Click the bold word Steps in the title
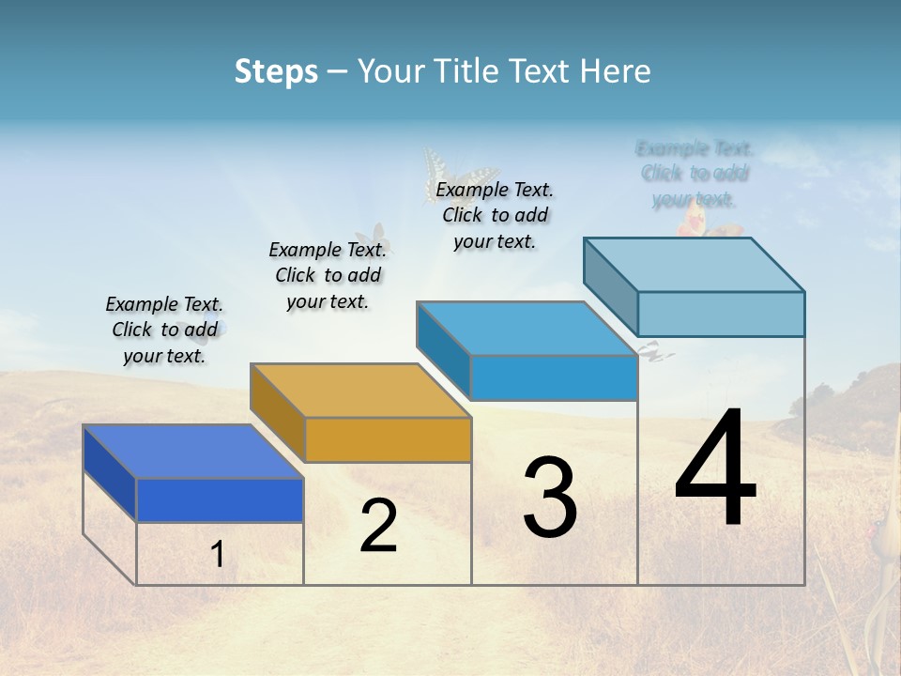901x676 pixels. pyautogui.click(x=276, y=71)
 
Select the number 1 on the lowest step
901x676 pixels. pyautogui.click(x=218, y=555)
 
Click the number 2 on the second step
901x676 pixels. pyautogui.click(x=378, y=527)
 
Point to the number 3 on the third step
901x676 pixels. pyautogui.click(x=550, y=498)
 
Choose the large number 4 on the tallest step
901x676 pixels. pyautogui.click(x=716, y=469)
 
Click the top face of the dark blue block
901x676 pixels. pyautogui.click(x=192, y=452)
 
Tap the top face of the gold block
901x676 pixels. pyautogui.click(x=360, y=391)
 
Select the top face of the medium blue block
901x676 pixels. pyautogui.click(x=527, y=329)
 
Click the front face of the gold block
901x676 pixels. pyautogui.click(x=389, y=439)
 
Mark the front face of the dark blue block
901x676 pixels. pyautogui.click(x=220, y=499)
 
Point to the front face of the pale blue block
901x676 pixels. pyautogui.click(x=721, y=314)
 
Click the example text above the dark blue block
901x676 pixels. pyautogui.click(x=164, y=330)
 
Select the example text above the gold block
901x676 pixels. pyautogui.click(x=328, y=275)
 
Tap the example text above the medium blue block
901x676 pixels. pyautogui.click(x=495, y=215)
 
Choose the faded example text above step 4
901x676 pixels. pyautogui.click(x=695, y=174)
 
